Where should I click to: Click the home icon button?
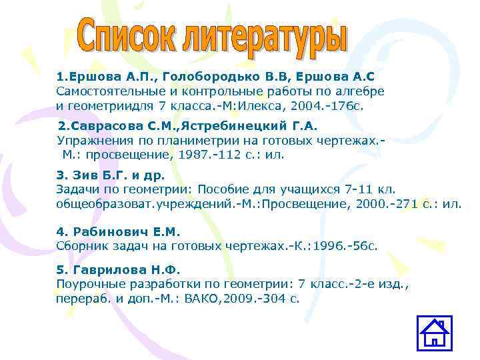pyautogui.click(x=434, y=333)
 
